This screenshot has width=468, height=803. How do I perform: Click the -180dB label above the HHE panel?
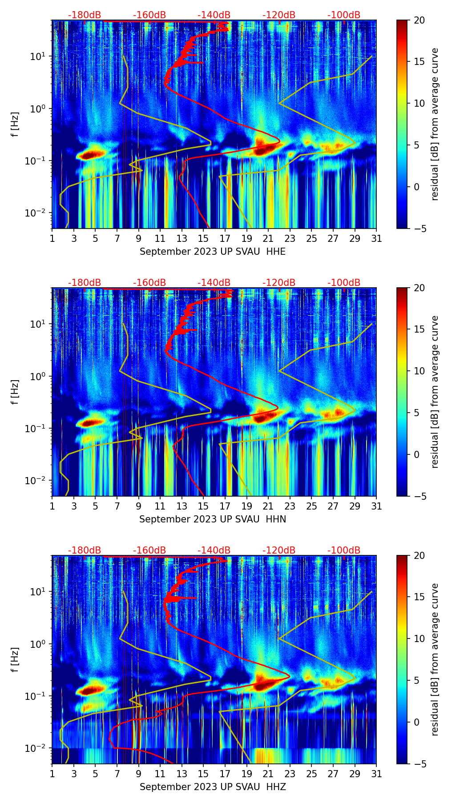pos(85,15)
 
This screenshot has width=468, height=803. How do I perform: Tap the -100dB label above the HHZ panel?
pos(344,550)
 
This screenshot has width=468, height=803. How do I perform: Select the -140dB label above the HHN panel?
pos(214,283)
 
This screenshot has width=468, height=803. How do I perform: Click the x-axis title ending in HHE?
pos(213,252)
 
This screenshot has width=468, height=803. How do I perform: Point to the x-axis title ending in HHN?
pos(213,519)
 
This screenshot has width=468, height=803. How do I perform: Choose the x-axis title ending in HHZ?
pos(213,787)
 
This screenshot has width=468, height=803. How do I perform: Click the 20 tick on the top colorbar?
pos(419,20)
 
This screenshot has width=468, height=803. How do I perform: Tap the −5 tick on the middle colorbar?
pos(419,496)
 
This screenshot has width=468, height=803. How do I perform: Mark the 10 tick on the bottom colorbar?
pos(419,638)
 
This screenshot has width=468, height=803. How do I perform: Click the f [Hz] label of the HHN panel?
pos(15,392)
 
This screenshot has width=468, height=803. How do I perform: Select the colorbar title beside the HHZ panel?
pos(435,659)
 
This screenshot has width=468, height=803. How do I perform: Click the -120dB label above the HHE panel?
pos(279,15)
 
